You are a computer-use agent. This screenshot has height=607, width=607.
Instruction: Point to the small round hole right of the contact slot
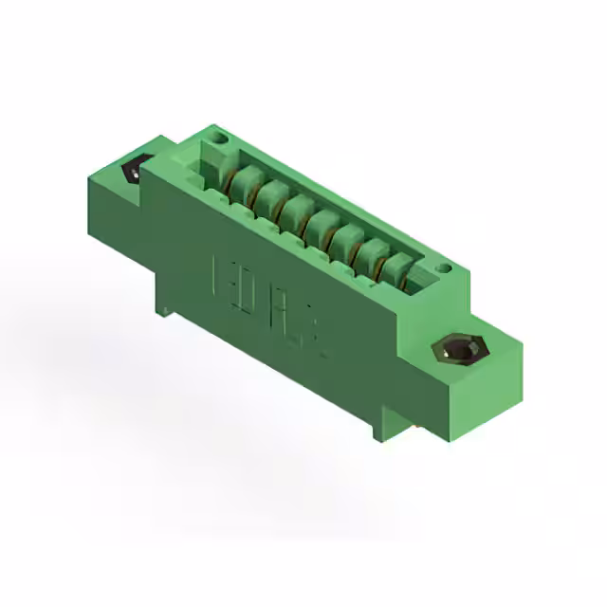(x=441, y=270)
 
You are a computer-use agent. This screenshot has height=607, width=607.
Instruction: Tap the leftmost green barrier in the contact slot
(x=244, y=179)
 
